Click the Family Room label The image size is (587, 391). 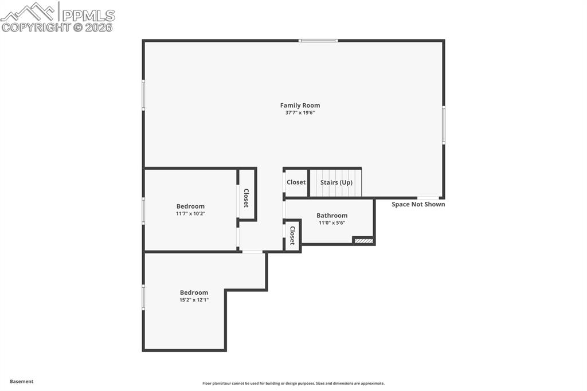click(x=300, y=105)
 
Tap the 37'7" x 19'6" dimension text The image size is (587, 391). click(x=300, y=113)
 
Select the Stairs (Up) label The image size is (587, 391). click(x=336, y=182)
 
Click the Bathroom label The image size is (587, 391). click(x=332, y=216)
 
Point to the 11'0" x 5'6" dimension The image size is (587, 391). click(x=332, y=223)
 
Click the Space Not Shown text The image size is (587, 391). click(x=418, y=204)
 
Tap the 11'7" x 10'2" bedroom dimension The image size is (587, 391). click(x=190, y=214)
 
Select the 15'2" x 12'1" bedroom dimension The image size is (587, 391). click(x=194, y=300)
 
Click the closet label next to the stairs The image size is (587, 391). click(x=296, y=182)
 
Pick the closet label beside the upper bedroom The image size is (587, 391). click(x=246, y=198)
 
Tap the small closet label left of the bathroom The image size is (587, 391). click(x=292, y=235)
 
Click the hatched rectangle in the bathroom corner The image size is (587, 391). click(x=363, y=241)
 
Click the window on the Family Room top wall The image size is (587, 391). click(x=318, y=41)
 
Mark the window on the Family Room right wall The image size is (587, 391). click(x=443, y=125)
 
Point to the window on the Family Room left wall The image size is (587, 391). click(x=143, y=95)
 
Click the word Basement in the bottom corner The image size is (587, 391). click(x=22, y=381)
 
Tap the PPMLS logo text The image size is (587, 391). click(x=88, y=15)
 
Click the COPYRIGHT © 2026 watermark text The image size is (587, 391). click(x=57, y=27)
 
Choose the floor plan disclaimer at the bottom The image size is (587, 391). click(x=293, y=384)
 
